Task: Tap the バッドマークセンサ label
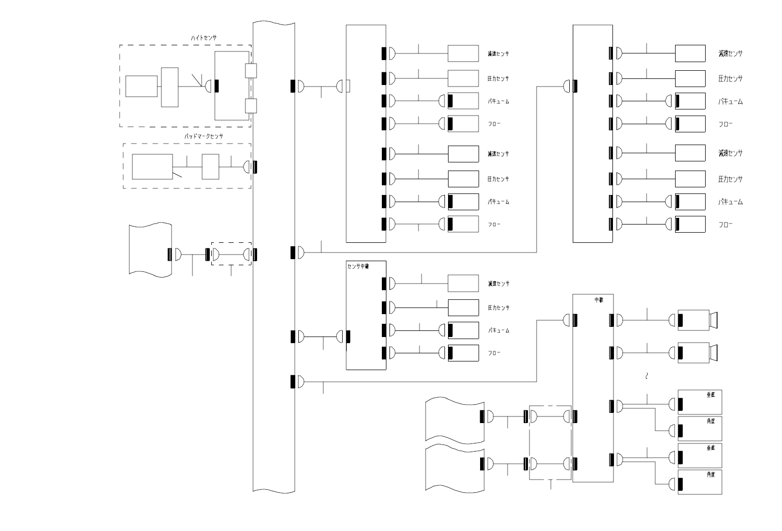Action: (204, 136)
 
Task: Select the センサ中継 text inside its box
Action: (358, 266)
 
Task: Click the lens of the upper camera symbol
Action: (714, 320)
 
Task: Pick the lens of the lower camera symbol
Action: (714, 353)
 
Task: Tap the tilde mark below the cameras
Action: (647, 377)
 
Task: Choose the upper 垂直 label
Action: (711, 395)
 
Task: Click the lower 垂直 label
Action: (711, 449)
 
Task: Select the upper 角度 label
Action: (711, 422)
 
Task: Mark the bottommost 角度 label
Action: (711, 474)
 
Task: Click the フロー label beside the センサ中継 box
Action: (494, 353)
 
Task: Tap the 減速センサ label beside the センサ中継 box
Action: (498, 284)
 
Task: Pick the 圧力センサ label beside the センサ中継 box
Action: (498, 308)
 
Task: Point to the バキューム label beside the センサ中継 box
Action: (498, 330)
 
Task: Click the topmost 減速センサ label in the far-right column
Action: (730, 53)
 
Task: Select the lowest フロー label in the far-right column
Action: (725, 225)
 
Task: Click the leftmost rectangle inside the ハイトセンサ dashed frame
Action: (142, 86)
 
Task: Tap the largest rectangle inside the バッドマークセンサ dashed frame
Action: (152, 166)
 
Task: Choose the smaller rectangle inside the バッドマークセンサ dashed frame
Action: (210, 166)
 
